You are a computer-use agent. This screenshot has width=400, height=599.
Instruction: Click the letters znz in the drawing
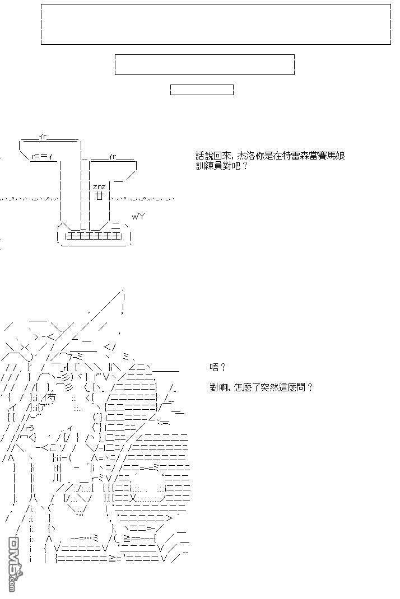point(99,187)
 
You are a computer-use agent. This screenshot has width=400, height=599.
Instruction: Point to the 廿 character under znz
point(99,196)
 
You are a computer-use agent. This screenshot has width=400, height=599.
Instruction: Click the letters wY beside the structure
point(138,217)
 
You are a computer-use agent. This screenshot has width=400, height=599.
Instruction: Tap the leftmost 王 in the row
point(72,237)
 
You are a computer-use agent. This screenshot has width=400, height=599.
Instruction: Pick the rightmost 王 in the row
point(117,237)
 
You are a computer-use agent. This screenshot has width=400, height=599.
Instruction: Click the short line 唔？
point(218,367)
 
